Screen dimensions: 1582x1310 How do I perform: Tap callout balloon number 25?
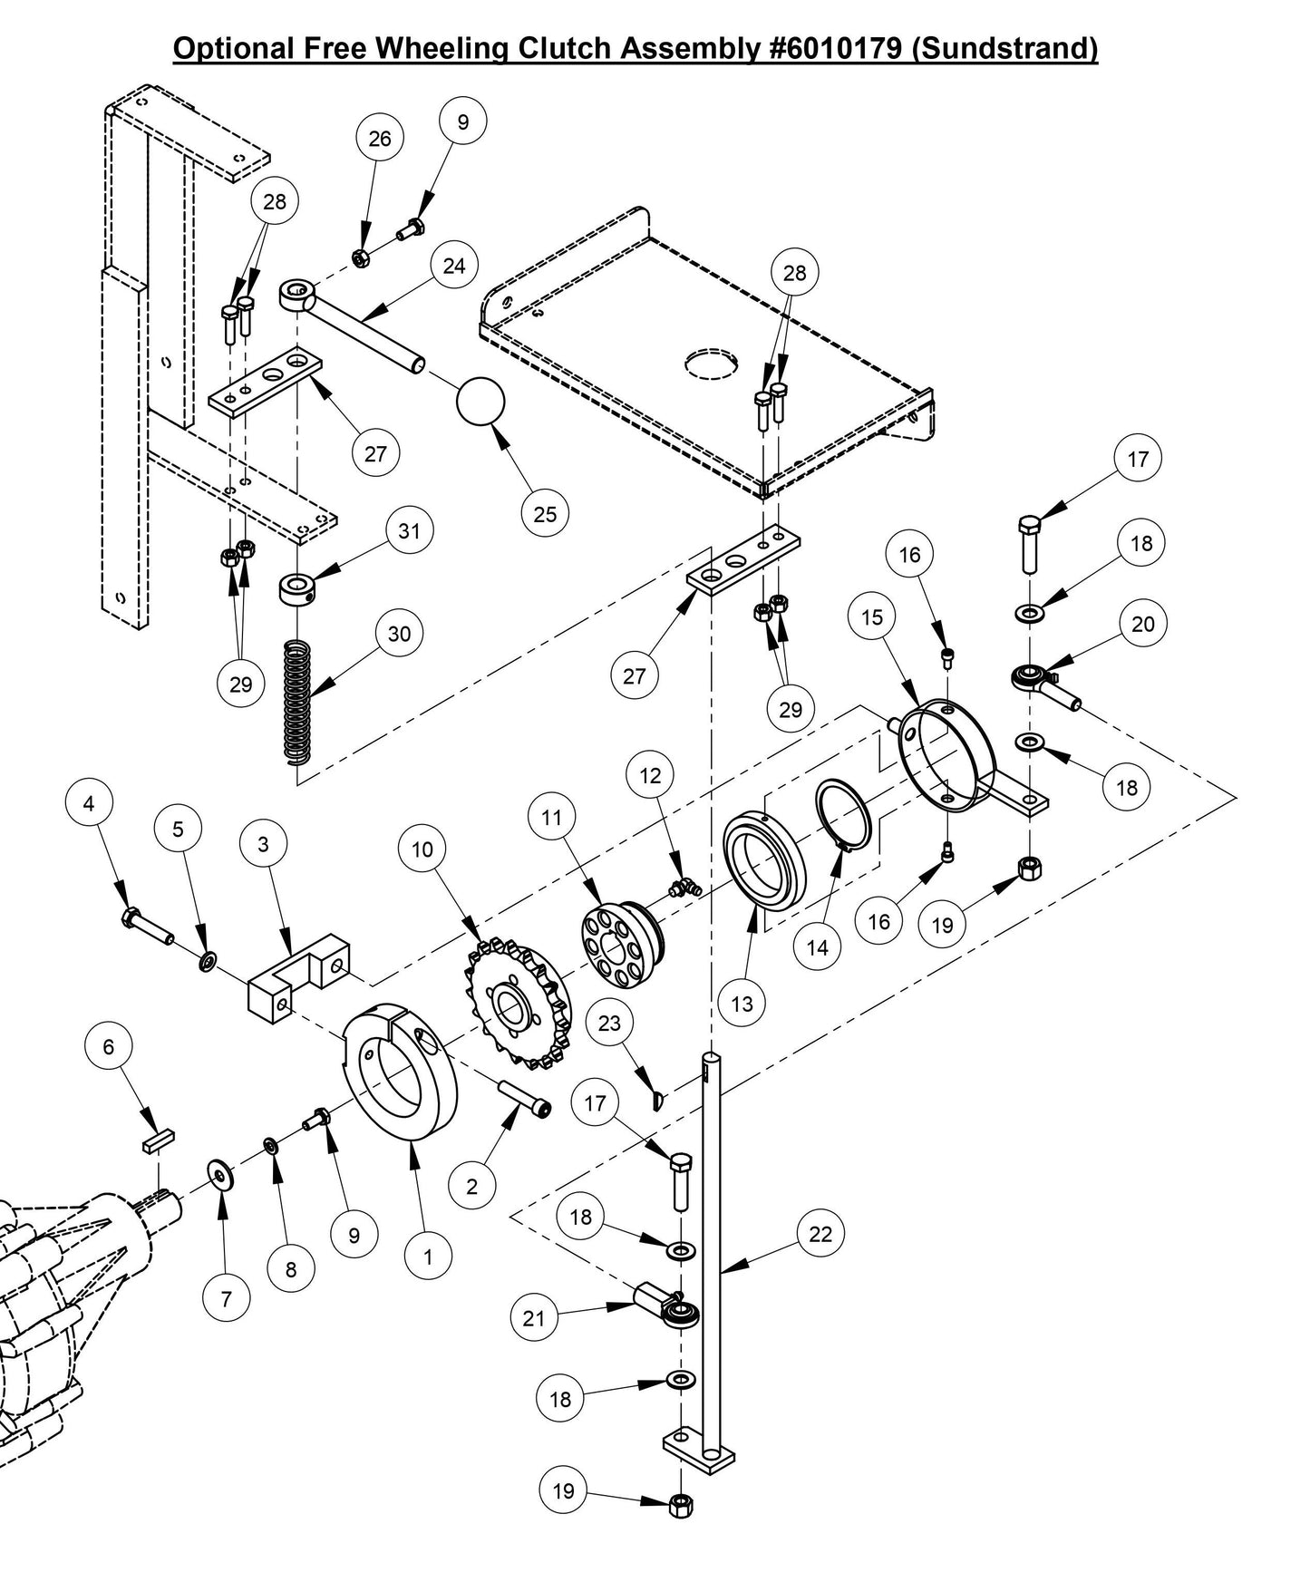click(545, 514)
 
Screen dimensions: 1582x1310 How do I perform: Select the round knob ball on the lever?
click(480, 402)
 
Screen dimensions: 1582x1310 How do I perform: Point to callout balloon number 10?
click(422, 849)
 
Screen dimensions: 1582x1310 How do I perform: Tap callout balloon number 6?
click(109, 1047)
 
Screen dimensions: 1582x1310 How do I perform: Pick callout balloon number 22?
click(820, 1234)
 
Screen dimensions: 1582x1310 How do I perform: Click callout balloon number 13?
click(742, 1004)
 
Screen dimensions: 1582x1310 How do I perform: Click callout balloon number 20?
click(1143, 624)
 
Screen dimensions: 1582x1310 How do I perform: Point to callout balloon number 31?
click(410, 530)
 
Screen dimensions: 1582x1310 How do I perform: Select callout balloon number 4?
click(89, 803)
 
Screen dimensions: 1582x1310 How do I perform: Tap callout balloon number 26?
click(380, 138)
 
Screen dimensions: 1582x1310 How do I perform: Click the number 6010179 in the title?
click(836, 47)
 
